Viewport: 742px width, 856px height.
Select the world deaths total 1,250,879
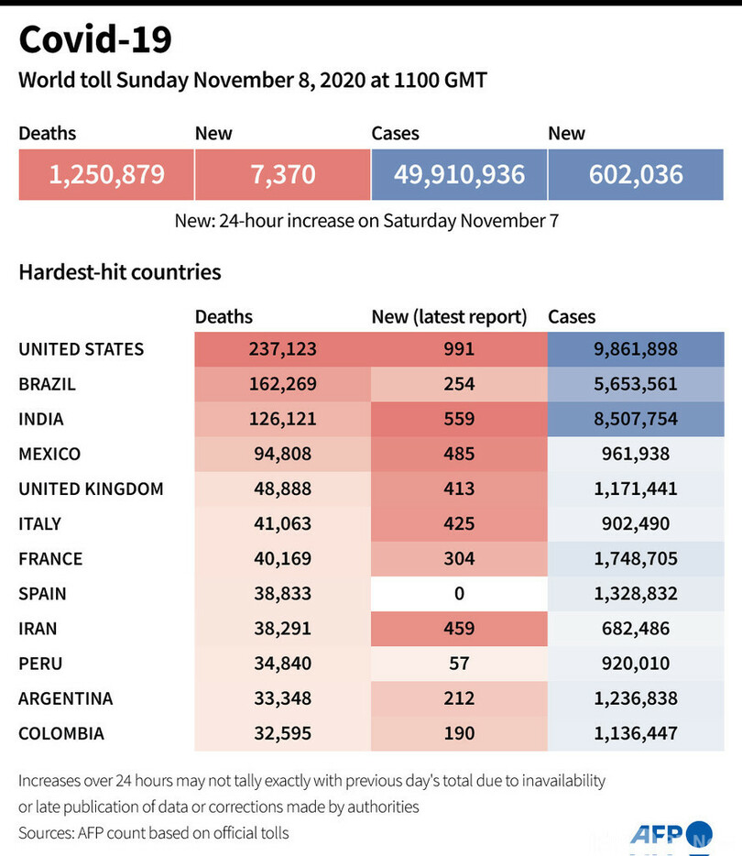106,174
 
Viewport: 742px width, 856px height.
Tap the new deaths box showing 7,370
283,174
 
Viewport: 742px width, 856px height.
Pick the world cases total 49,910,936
459,174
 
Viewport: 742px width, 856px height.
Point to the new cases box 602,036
636,174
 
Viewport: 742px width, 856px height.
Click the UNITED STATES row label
82,349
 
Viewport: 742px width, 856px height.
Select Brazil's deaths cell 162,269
282,384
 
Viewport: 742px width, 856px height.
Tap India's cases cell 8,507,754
636,419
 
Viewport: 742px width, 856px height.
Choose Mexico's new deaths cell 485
459,454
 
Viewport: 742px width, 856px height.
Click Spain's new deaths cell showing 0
459,594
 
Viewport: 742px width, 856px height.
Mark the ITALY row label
40,524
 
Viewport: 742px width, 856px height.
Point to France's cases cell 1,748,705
636,559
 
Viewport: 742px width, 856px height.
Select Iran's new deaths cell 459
459,629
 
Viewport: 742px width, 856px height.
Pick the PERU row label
40,664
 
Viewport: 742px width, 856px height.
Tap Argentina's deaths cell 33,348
282,698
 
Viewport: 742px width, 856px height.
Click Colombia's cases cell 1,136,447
636,733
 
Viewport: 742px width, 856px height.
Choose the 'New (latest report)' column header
449,317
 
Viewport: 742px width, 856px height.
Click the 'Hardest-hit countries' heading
120,272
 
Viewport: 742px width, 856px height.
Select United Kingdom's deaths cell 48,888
282,488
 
